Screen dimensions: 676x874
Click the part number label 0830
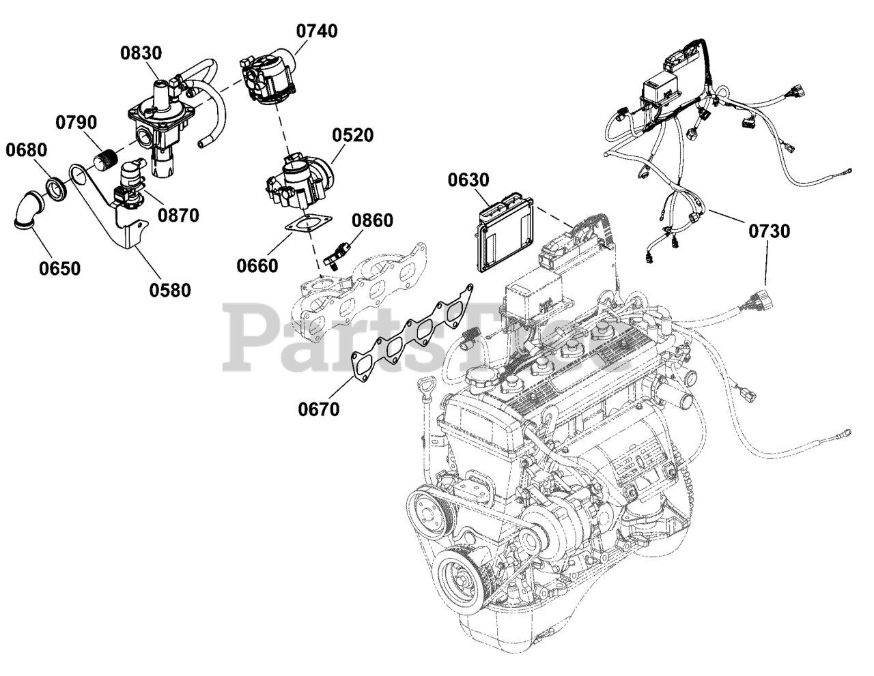pyautogui.click(x=142, y=53)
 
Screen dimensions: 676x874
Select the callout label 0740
pyautogui.click(x=316, y=31)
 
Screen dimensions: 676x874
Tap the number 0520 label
pyautogui.click(x=353, y=135)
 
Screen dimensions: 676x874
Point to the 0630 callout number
pyautogui.click(x=468, y=180)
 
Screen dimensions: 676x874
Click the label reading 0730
pyautogui.click(x=769, y=231)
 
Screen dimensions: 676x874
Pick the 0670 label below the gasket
pyautogui.click(x=318, y=409)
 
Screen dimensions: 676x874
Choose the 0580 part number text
pyautogui.click(x=170, y=290)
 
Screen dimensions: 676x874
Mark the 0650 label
pyautogui.click(x=59, y=268)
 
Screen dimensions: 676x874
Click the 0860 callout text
pyautogui.click(x=372, y=220)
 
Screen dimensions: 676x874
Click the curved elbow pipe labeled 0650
pyautogui.click(x=29, y=210)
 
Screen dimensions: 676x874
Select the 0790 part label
pyautogui.click(x=76, y=123)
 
